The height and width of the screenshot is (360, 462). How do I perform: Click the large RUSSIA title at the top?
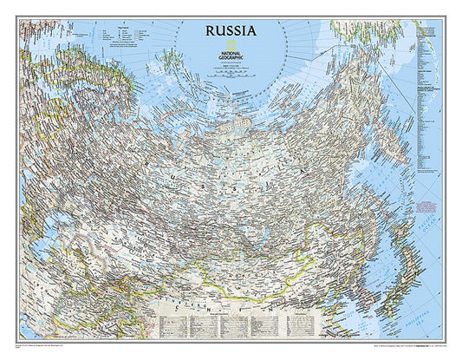tap(231, 30)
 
